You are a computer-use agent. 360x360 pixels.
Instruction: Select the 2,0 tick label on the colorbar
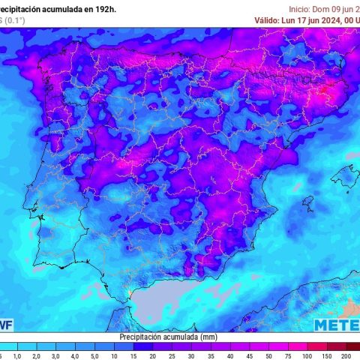pos(35,355)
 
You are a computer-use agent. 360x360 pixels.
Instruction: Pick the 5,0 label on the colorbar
pos(94,355)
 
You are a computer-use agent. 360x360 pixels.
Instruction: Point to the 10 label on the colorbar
pos(113,355)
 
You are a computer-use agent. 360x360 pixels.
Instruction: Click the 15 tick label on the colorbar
pos(133,355)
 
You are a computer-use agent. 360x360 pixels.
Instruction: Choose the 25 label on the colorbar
pos(172,355)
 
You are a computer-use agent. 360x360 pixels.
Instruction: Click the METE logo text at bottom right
pos(336,325)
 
